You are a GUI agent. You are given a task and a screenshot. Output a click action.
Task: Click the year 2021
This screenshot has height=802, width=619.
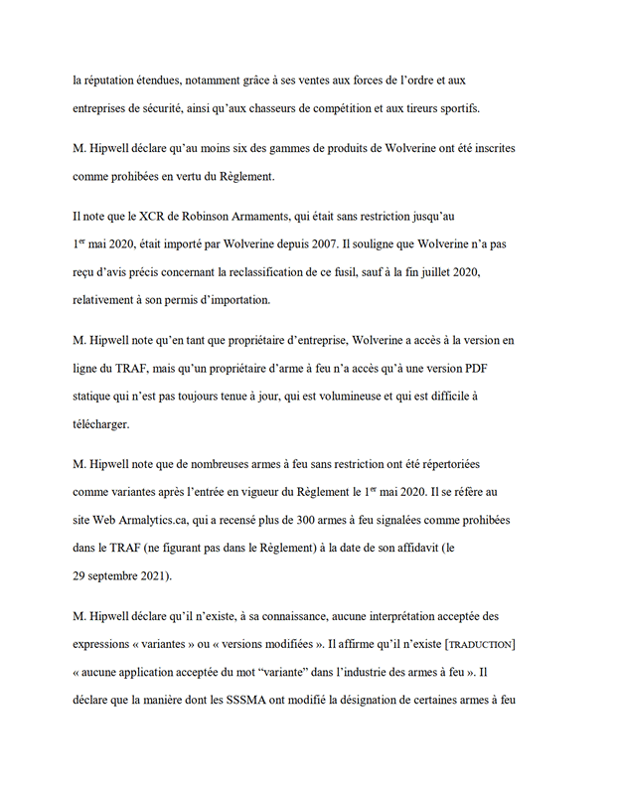pos(155,575)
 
